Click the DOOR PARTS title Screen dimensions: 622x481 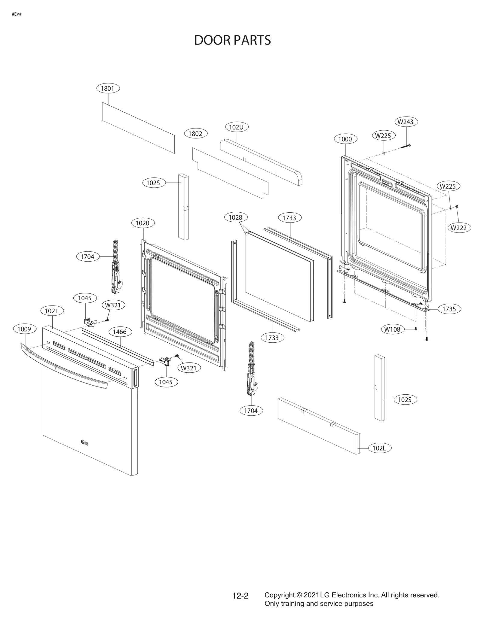(232, 40)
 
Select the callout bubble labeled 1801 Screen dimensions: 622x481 (108, 88)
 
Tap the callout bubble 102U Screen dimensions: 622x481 (237, 127)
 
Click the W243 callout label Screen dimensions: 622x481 (406, 122)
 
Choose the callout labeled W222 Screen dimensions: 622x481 (459, 228)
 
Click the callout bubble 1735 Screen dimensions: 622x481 (449, 309)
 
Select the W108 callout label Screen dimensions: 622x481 (392, 329)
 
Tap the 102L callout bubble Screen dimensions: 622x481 (379, 457)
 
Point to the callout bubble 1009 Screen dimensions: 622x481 (24, 329)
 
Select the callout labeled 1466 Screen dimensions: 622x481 (120, 332)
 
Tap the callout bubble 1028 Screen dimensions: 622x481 (235, 217)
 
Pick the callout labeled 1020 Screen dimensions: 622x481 (143, 223)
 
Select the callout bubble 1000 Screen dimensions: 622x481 (345, 139)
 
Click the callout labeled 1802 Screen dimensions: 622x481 (195, 134)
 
